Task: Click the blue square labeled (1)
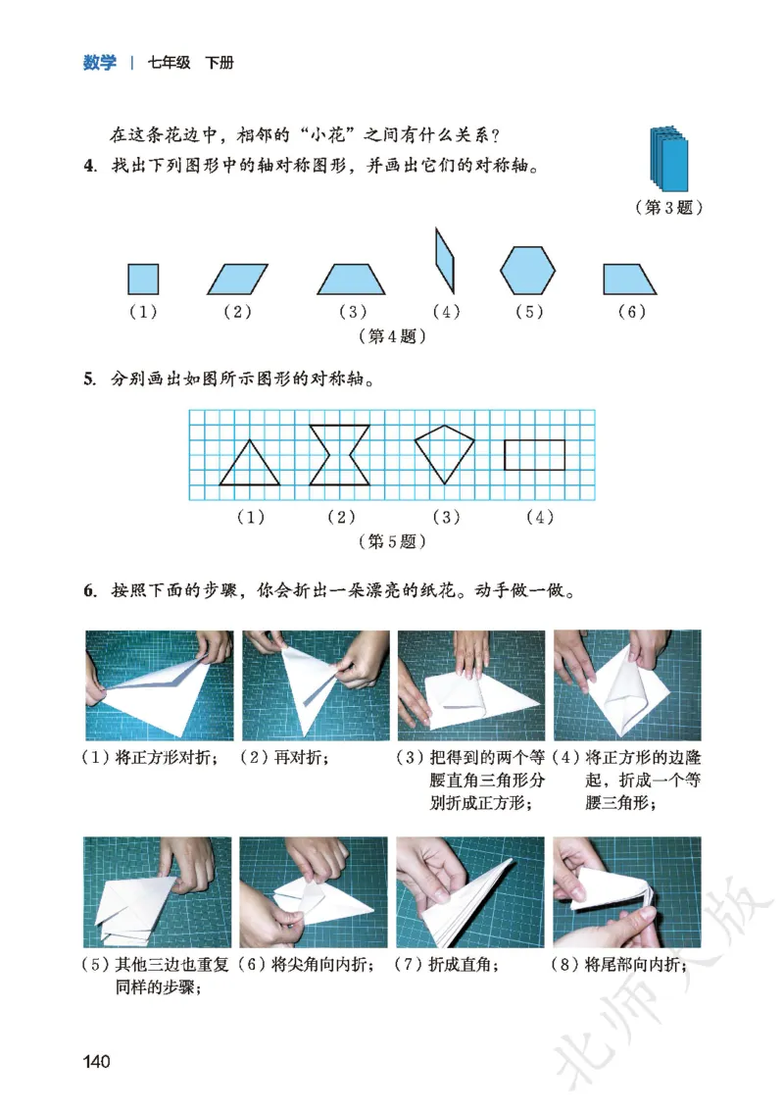point(143,278)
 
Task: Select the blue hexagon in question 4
point(527,270)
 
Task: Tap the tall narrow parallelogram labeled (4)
point(444,260)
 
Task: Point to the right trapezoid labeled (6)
point(628,279)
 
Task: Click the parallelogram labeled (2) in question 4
point(237,279)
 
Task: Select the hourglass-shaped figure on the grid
point(339,455)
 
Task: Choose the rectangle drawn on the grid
point(534,455)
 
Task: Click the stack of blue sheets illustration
point(669,158)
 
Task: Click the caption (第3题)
point(668,208)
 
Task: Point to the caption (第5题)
point(392,540)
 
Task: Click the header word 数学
point(99,64)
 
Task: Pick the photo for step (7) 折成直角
point(470,891)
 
